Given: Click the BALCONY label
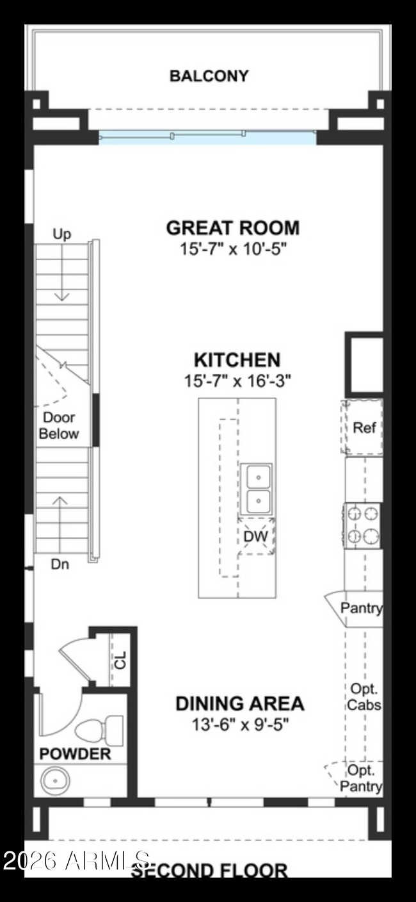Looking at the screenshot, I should [209, 76].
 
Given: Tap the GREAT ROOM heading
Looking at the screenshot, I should [232, 227].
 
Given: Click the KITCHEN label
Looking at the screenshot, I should [237, 359].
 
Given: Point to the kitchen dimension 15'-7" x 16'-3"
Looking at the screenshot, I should [237, 381].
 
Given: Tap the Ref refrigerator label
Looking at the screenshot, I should [364, 427].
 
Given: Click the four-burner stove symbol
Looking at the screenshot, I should [362, 525].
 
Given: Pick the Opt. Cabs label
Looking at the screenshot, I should [364, 697].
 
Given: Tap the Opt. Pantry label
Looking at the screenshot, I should [362, 778].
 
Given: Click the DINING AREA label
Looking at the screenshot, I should [240, 703].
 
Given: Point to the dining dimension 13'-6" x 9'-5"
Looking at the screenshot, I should [240, 725].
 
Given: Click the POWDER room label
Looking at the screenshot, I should [75, 754].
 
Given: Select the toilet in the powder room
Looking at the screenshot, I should [99, 729].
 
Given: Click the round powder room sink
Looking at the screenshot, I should [56, 781].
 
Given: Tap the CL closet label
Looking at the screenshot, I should [120, 659].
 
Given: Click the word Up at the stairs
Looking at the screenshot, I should [61, 234].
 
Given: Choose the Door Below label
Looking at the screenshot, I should [59, 426].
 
